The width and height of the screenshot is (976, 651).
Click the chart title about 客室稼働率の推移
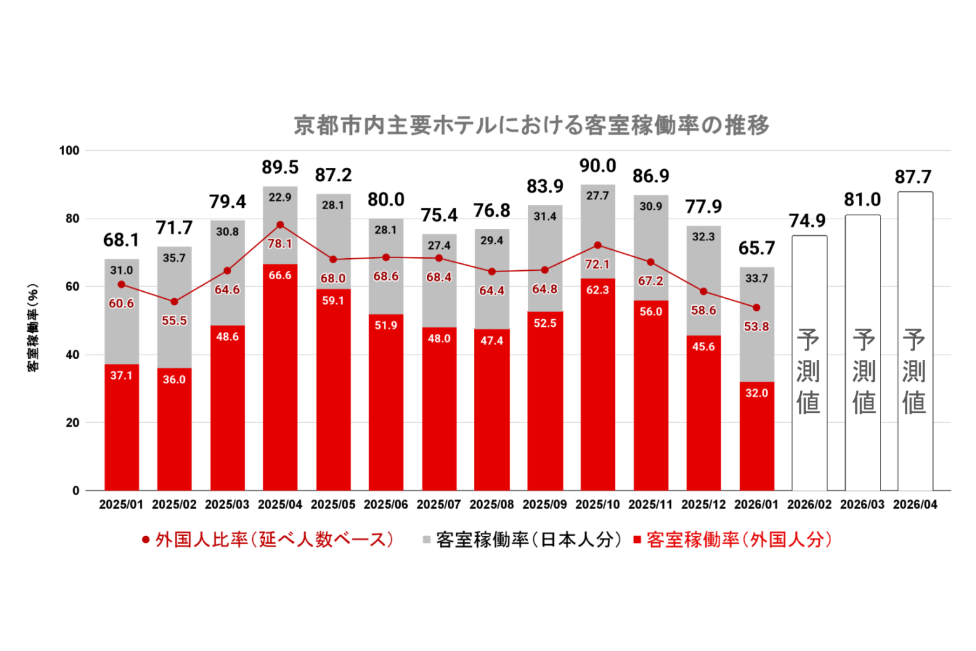click(x=531, y=125)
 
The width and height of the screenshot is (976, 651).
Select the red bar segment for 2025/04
click(x=280, y=381)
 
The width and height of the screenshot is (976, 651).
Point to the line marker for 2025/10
click(x=597, y=245)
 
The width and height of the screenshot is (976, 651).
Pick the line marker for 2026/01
click(x=756, y=308)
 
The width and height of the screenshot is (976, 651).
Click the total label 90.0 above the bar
click(x=597, y=166)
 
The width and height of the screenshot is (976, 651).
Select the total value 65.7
click(x=756, y=248)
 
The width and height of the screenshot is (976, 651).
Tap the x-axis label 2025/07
click(x=438, y=505)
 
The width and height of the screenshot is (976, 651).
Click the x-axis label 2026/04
click(x=915, y=505)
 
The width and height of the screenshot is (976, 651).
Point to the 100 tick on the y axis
click(x=69, y=151)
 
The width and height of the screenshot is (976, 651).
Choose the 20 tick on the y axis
click(x=72, y=423)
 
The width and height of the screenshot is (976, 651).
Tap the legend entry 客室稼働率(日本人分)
click(x=521, y=540)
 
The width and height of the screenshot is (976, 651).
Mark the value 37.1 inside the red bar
click(x=121, y=376)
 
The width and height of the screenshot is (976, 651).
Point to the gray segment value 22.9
click(x=280, y=198)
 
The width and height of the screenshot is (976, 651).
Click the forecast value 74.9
click(x=807, y=221)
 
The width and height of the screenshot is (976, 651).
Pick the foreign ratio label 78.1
click(x=280, y=244)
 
